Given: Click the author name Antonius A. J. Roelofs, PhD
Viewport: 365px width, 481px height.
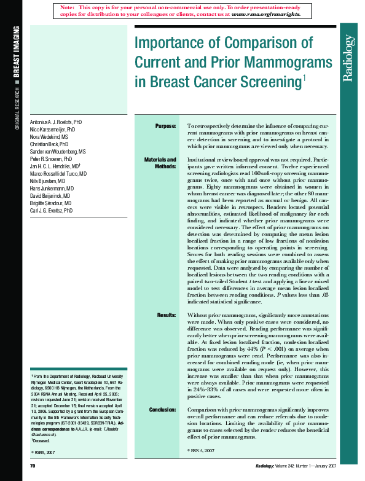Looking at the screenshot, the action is pos(56,123).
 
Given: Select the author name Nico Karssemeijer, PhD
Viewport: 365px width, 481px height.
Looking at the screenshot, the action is pos(53,130).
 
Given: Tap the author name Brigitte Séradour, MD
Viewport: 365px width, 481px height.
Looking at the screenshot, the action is pos(51,203).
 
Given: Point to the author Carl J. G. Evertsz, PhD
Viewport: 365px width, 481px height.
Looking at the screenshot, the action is pos(52,210).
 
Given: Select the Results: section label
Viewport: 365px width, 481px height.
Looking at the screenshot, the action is pos(167,315).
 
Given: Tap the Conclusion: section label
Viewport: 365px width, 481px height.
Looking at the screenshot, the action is pos(163,409).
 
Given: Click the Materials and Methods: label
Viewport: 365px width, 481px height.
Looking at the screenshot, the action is pos(160,163).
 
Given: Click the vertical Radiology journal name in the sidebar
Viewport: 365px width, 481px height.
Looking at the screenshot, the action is pos(348,58).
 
